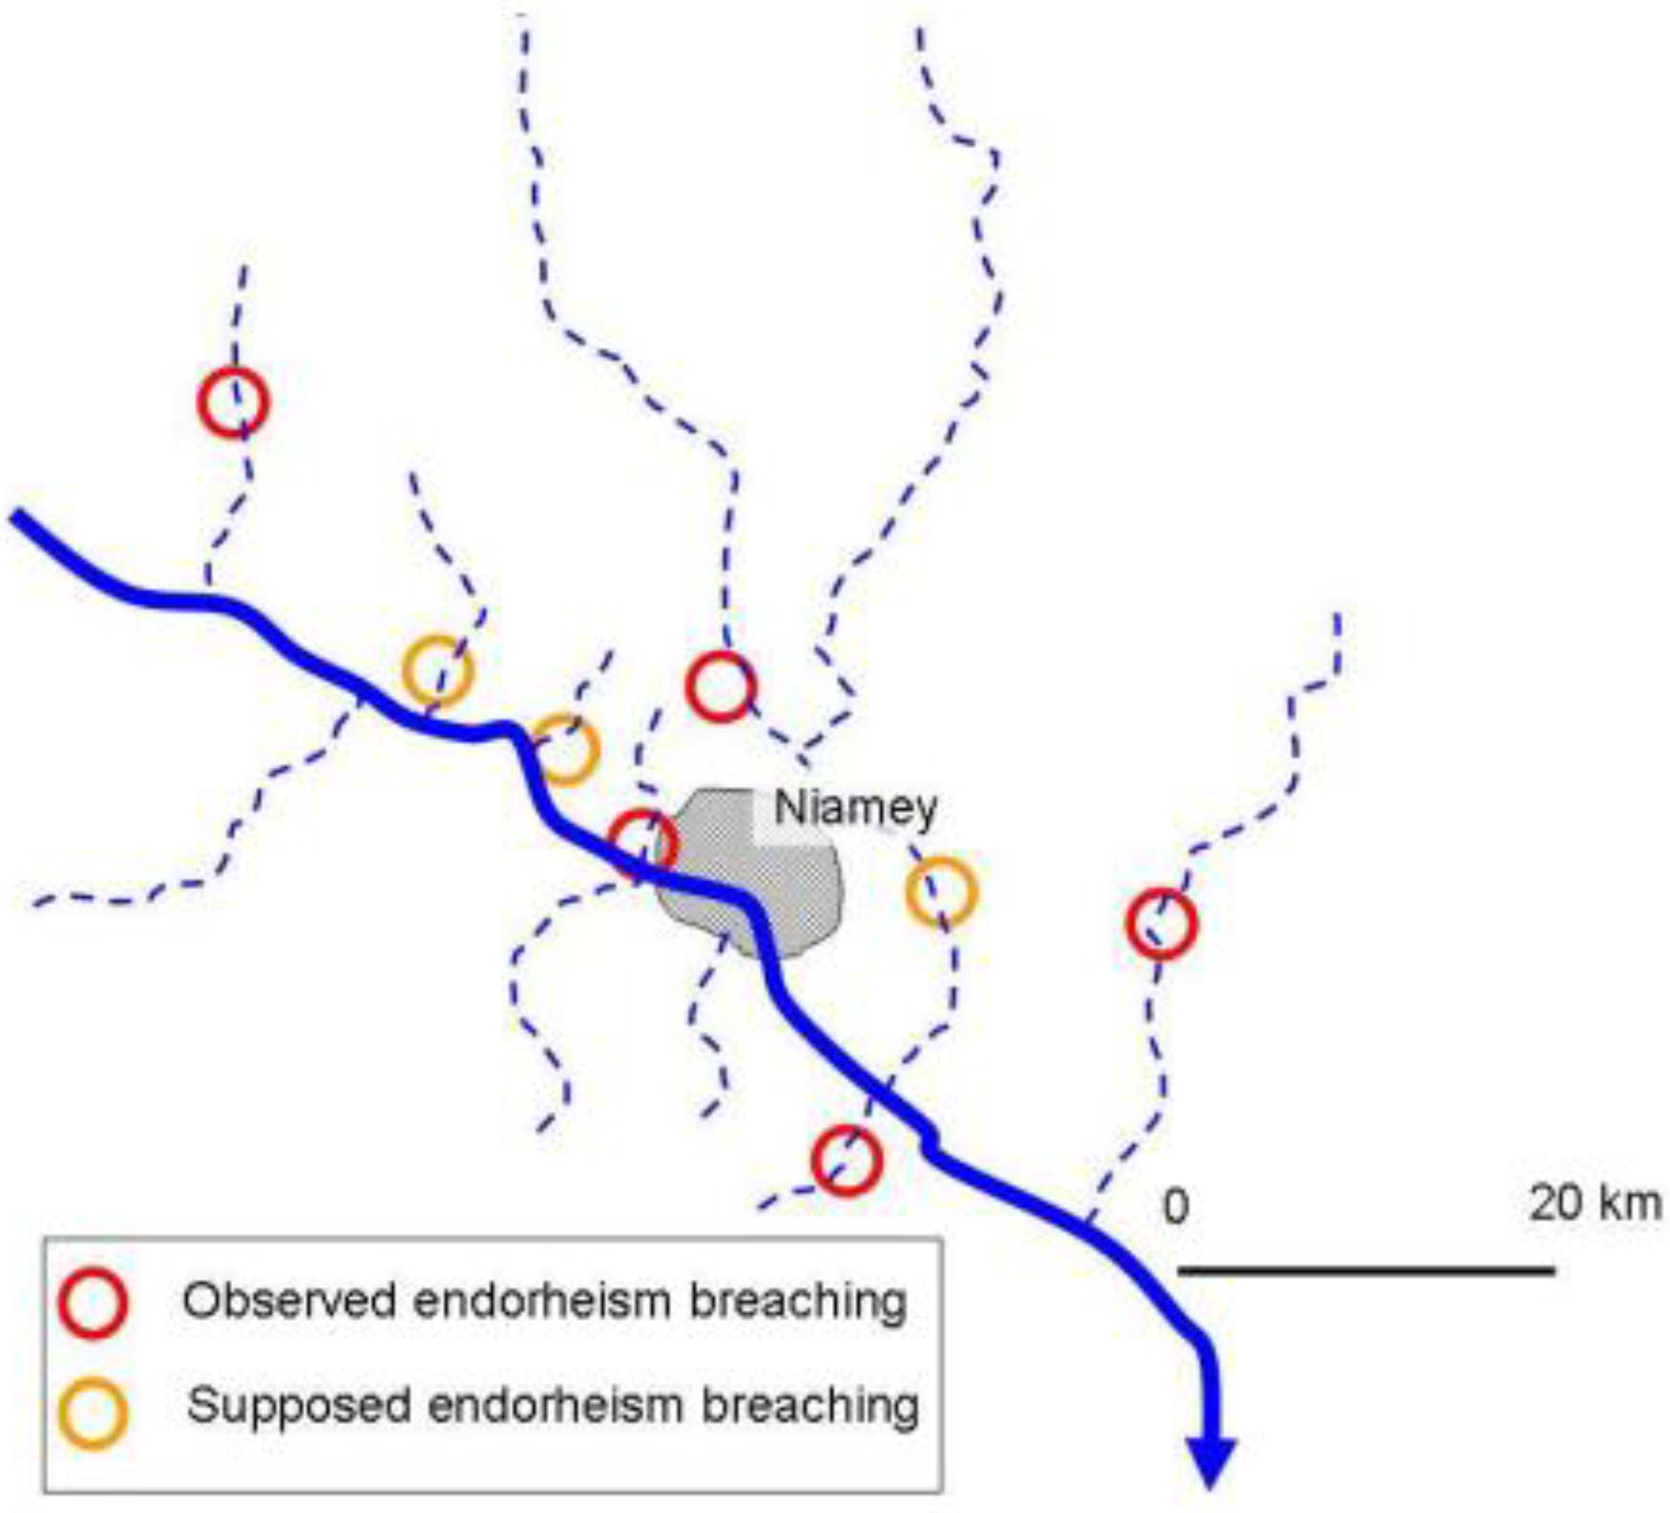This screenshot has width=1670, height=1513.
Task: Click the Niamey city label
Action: pyautogui.click(x=855, y=808)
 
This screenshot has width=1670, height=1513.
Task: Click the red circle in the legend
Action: pyautogui.click(x=93, y=1302)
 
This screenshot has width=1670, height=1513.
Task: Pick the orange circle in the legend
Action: pyautogui.click(x=93, y=1413)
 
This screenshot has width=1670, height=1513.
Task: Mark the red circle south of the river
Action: pyautogui.click(x=846, y=1161)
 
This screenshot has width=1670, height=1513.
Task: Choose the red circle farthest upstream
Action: pyautogui.click(x=234, y=402)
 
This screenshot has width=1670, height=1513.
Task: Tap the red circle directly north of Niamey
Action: pyautogui.click(x=721, y=686)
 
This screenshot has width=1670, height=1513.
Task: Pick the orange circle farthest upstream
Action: pyautogui.click(x=437, y=671)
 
